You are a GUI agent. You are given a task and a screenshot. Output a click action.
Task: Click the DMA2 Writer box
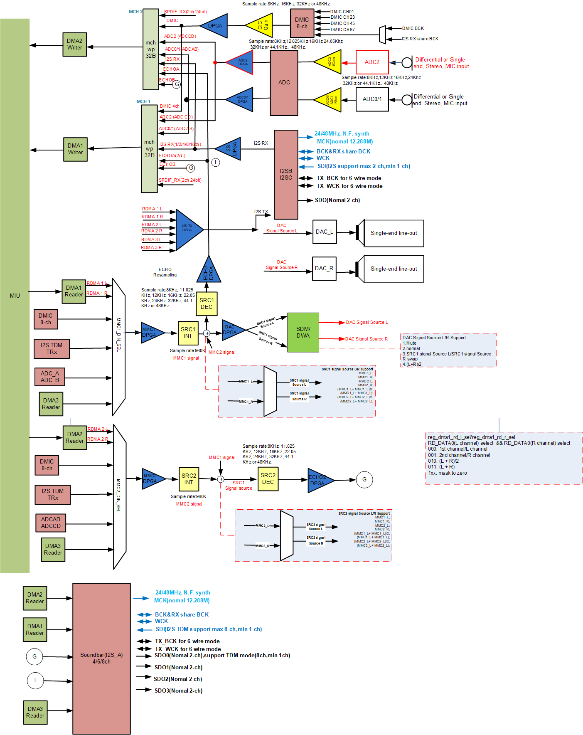(x=75, y=44)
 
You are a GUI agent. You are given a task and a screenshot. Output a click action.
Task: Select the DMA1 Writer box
(x=75, y=149)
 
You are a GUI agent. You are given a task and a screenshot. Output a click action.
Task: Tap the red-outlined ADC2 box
(x=372, y=62)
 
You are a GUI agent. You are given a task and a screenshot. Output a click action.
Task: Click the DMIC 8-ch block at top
(x=302, y=23)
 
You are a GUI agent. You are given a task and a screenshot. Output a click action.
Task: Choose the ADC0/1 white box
(x=372, y=99)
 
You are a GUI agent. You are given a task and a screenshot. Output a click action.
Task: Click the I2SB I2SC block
(x=286, y=175)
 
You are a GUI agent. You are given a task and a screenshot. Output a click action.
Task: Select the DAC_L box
(x=324, y=232)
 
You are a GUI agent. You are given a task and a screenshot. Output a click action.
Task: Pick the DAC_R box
(x=324, y=269)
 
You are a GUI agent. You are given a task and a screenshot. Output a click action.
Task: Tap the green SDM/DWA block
(x=303, y=332)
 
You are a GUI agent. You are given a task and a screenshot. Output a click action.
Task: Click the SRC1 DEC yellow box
(x=207, y=303)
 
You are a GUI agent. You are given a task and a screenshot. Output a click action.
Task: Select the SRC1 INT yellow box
(x=188, y=333)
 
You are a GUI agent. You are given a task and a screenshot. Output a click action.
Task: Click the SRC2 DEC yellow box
(x=268, y=478)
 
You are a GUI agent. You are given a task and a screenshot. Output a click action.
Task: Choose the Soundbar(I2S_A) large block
(x=101, y=658)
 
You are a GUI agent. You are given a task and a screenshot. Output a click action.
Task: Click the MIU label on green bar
(x=15, y=296)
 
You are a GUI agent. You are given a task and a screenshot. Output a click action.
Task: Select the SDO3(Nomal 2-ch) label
(x=178, y=691)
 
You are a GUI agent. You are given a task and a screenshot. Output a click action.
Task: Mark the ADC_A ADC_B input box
(x=50, y=377)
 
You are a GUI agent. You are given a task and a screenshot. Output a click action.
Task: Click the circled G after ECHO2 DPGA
(x=364, y=479)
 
